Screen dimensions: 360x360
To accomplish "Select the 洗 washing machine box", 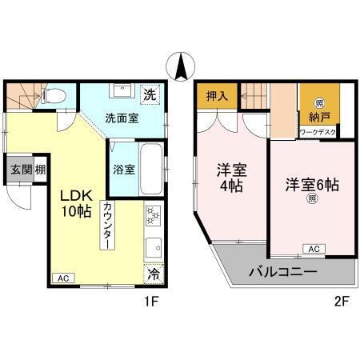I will coord(150,94).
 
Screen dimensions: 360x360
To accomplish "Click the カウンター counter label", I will coord(107,227).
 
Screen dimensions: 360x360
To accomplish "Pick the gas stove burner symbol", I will coord(152,215).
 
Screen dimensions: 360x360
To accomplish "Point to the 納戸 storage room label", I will coord(319,118).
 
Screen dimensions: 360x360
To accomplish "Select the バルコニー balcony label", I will coord(282,272).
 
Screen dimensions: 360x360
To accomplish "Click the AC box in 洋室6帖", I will coord(314,249).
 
